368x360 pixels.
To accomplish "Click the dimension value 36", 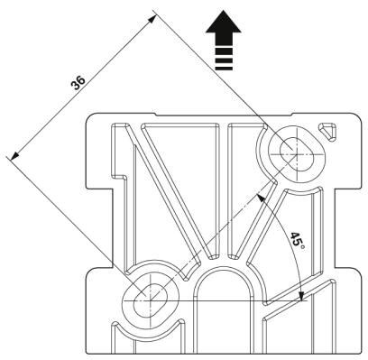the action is pos(79,83).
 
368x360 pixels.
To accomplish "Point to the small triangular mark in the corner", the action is pos(331,132).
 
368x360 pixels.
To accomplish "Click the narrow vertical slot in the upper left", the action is pos(116,149).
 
